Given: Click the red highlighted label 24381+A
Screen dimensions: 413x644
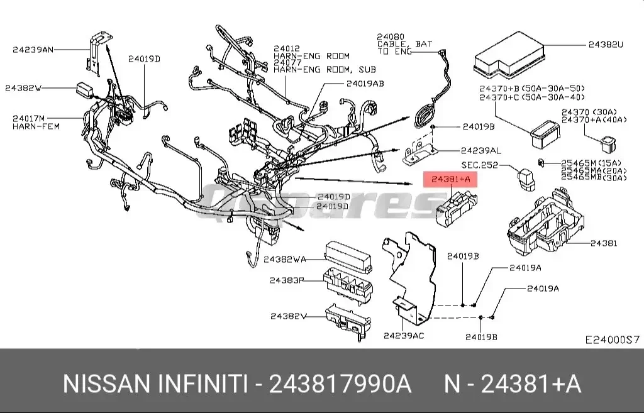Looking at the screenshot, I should pos(450,180).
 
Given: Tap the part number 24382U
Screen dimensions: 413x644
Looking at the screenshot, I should pos(606,45).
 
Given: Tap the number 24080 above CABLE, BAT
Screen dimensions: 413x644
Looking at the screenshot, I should pos(391,37).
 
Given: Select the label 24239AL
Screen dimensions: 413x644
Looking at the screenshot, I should pos(480,151).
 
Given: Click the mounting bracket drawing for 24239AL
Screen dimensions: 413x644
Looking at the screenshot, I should pos(419,152).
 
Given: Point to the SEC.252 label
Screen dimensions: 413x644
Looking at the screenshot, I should pos(479,165).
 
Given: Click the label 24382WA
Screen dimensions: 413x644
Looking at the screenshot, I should pos(285,259).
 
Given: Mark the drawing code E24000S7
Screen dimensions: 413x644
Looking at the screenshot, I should pos(612,339).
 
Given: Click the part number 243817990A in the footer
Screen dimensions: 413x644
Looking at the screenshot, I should pos(340,383).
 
